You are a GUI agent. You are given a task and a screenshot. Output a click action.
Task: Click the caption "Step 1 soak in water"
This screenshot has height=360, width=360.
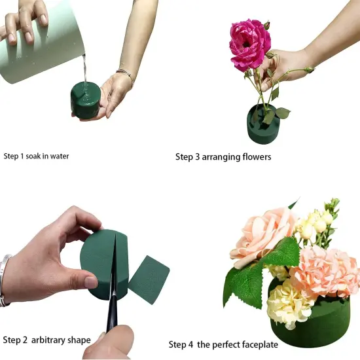[36, 156]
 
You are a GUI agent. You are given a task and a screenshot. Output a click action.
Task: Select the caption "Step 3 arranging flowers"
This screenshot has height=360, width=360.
[223, 157]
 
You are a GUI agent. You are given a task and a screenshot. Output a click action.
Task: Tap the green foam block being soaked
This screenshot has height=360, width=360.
[84, 101]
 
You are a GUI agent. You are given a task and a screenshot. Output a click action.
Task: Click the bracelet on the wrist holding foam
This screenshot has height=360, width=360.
[125, 75]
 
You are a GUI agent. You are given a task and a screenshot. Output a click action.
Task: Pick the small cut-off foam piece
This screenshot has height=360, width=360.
[149, 278]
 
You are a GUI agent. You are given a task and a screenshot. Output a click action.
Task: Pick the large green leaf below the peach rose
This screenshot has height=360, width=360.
[245, 278]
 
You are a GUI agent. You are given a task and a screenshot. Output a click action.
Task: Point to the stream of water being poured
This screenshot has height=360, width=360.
[83, 69]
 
